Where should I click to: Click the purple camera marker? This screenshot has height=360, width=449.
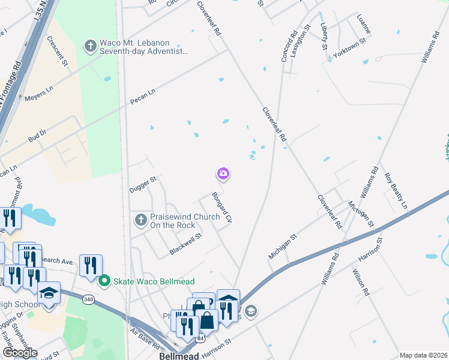coord(223,174)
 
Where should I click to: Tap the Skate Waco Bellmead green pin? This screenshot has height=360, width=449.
coord(104,280)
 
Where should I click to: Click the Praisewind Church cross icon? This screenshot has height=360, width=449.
coord(141,220)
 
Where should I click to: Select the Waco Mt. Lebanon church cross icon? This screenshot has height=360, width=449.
coord(91,46)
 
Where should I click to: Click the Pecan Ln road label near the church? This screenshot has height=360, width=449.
coord(143,95)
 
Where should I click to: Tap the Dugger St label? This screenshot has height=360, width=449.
coord(143,184)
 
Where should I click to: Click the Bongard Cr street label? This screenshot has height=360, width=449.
coord(221,208)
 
